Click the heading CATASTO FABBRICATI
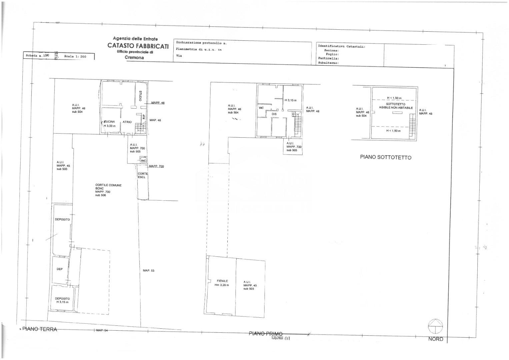click(138, 46)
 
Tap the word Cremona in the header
click(135, 57)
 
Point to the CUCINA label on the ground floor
click(110, 122)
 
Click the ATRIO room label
click(127, 122)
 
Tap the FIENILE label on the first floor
click(222, 281)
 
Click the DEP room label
click(60, 269)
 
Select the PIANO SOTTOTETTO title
click(385, 157)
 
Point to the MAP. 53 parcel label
click(148, 271)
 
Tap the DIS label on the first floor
click(274, 114)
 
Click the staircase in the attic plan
click(413, 123)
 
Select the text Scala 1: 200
click(75, 57)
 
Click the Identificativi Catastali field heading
click(342, 47)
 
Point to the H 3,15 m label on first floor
click(290, 100)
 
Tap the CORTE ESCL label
click(143, 175)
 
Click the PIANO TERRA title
click(40, 329)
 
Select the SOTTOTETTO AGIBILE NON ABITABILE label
click(396, 106)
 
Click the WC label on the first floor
click(261, 108)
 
